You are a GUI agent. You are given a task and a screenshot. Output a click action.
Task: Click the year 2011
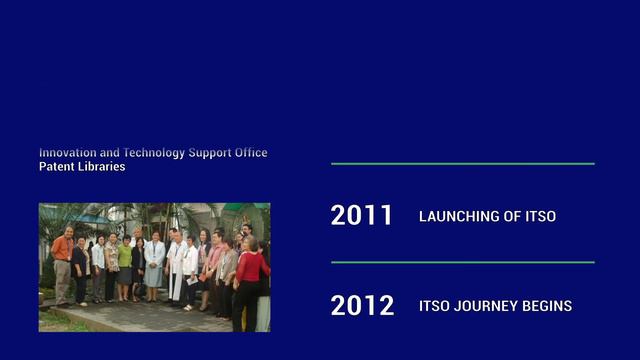click(x=361, y=216)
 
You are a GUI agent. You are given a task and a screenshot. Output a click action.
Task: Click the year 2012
click(x=362, y=306)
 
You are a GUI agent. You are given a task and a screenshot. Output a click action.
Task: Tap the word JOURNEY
click(x=484, y=306)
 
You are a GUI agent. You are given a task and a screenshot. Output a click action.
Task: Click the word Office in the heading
click(x=249, y=153)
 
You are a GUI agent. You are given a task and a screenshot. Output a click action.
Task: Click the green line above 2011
click(x=462, y=163)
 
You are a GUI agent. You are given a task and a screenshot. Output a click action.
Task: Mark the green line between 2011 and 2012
click(x=462, y=262)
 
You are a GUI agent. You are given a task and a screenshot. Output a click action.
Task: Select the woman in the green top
click(x=125, y=265)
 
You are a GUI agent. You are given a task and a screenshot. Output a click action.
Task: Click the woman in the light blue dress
click(x=154, y=265)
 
